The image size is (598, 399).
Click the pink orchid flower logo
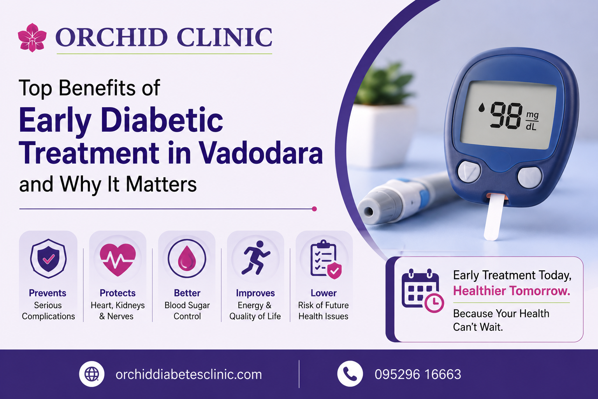click(32, 37)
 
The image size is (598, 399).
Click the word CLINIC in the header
click(224, 37)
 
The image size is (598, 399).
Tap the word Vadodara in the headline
click(261, 153)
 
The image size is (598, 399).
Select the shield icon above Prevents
click(48, 258)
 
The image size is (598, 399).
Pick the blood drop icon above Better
click(187, 258)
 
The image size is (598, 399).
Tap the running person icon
click(255, 258)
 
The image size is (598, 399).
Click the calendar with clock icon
click(422, 291)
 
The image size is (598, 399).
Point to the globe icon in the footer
click(91, 374)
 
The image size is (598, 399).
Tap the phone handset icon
click(350, 374)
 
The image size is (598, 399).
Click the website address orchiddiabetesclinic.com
click(189, 374)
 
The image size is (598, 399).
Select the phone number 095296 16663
click(418, 374)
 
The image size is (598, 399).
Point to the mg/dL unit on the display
click(532, 121)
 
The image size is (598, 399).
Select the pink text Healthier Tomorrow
click(512, 291)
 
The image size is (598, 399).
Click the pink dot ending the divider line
click(315, 209)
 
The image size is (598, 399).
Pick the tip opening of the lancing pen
click(369, 212)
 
